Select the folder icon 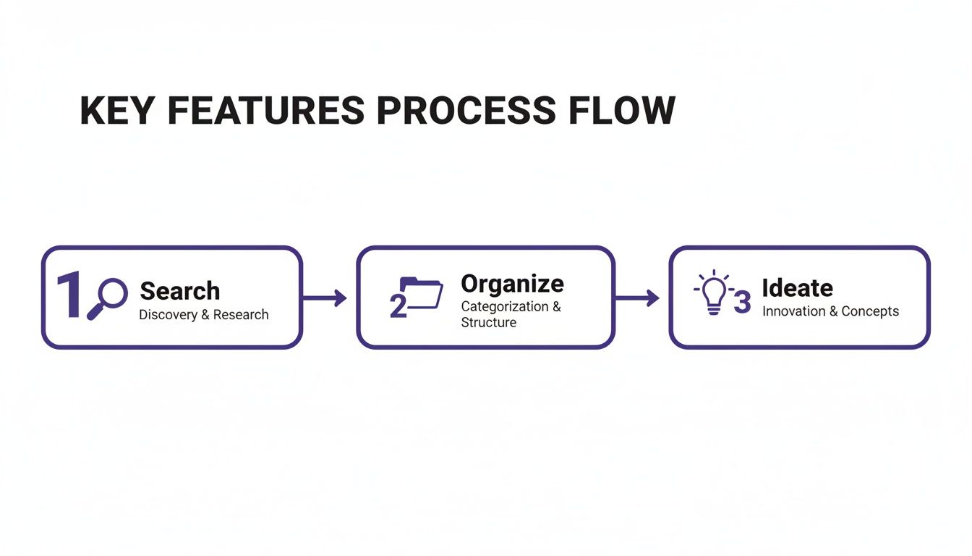(x=422, y=293)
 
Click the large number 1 (x=70, y=295)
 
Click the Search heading (x=179, y=291)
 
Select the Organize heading (x=512, y=283)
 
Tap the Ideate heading (x=797, y=287)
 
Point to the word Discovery (x=167, y=315)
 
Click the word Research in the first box (x=241, y=315)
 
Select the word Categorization (x=505, y=306)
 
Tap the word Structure (x=488, y=322)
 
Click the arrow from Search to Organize (x=325, y=298)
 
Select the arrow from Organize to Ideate (x=637, y=298)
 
